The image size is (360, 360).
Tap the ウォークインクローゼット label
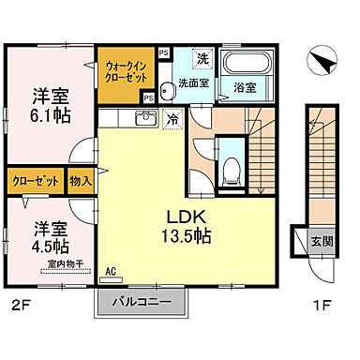pyautogui.click(x=124, y=70)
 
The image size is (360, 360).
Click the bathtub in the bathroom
pyautogui.click(x=246, y=63)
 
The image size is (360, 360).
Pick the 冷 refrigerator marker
pyautogui.click(x=173, y=118)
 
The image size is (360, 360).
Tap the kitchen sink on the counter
pyautogui.click(x=145, y=118)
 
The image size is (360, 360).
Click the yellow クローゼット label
pyautogui.click(x=36, y=181)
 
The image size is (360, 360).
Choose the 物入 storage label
pyautogui.click(x=81, y=181)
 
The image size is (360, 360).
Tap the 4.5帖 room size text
pyautogui.click(x=52, y=246)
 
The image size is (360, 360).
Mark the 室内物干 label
pyautogui.click(x=63, y=265)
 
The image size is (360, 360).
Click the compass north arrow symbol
pyautogui.click(x=322, y=60)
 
